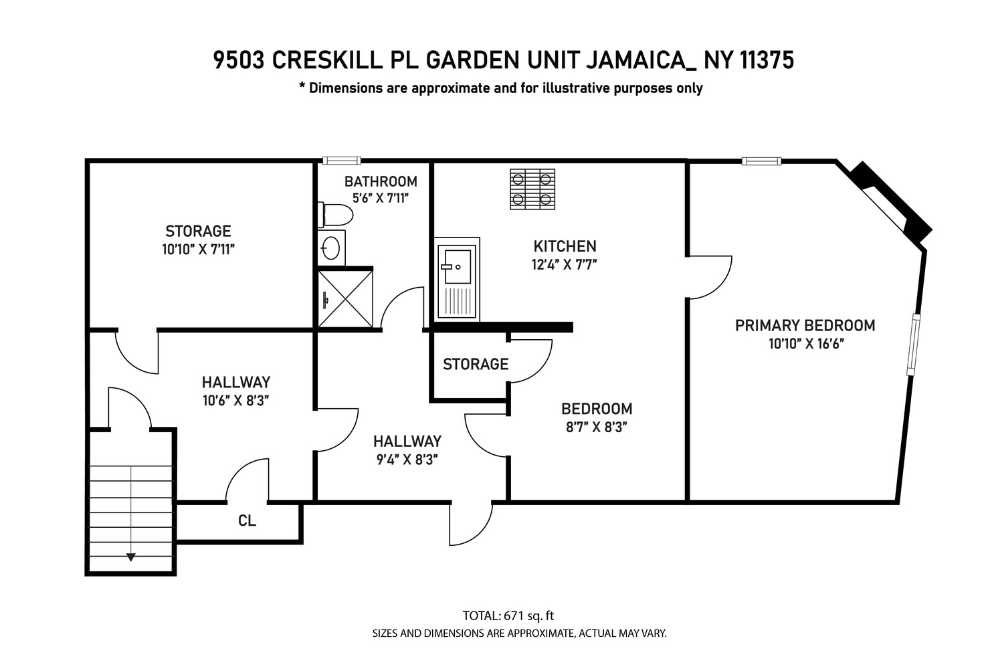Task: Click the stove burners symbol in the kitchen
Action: [532, 189]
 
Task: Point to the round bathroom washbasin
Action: [331, 248]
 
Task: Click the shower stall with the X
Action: [345, 298]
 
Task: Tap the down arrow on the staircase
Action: [131, 557]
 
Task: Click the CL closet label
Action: [247, 520]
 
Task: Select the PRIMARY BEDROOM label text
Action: [805, 326]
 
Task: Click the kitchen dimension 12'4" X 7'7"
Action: [564, 264]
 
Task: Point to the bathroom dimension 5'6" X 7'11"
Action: [380, 198]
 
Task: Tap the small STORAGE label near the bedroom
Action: [476, 365]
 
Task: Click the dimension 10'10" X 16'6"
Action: [805, 344]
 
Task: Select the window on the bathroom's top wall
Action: [341, 161]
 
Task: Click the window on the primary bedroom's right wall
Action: [913, 344]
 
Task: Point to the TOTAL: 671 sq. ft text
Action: [508, 616]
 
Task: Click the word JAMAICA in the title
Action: [640, 60]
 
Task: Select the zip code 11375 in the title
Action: [767, 60]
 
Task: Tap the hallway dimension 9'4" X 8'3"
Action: [407, 460]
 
